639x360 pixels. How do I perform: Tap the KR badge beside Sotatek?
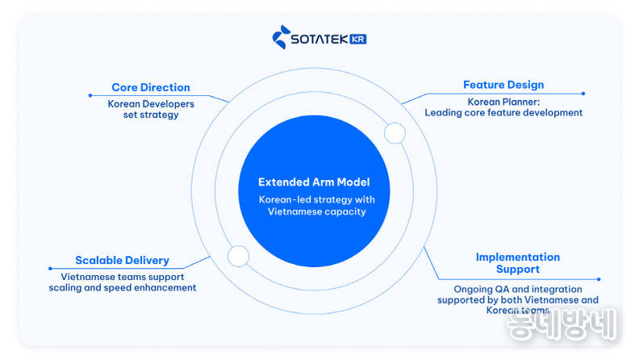(x=357, y=39)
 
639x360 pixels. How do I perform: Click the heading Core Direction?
(x=151, y=87)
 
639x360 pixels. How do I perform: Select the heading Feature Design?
(x=503, y=85)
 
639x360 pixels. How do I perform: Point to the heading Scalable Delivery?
(x=122, y=261)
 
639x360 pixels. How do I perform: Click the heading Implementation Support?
(x=517, y=263)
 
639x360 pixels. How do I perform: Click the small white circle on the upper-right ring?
(x=395, y=133)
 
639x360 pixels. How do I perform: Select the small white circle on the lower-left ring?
(x=238, y=257)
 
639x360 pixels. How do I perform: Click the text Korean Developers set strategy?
(x=145, y=109)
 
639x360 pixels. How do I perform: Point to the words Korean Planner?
(x=503, y=102)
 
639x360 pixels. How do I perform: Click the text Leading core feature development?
(x=503, y=113)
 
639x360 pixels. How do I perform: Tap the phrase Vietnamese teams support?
(x=122, y=276)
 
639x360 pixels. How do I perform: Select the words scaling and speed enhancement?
(x=122, y=287)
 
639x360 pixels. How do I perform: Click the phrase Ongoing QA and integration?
(x=517, y=289)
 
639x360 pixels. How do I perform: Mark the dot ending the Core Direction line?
(x=90, y=95)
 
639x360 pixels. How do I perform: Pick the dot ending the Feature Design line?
(x=583, y=94)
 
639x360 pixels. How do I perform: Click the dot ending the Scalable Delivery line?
(x=50, y=269)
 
